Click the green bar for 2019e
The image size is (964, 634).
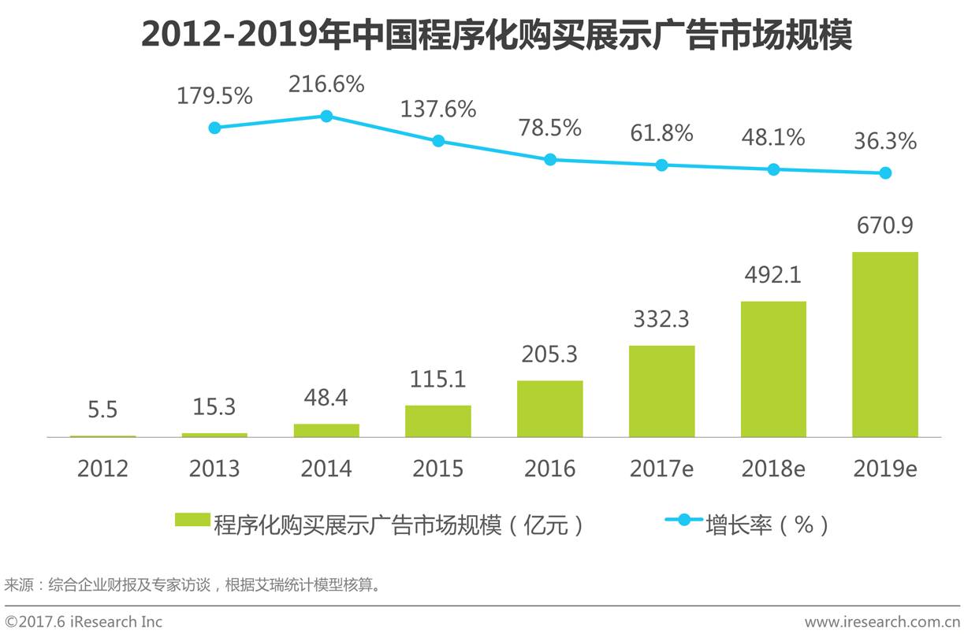coord(884,344)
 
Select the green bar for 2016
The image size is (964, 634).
coord(549,409)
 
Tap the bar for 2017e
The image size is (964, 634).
coord(661,391)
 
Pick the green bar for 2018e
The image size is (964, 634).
coord(773,369)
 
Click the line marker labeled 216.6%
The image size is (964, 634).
coord(326,116)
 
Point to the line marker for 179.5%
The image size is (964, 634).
coord(214,128)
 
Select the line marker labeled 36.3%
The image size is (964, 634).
coord(885,173)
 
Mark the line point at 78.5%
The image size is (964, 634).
coord(550,159)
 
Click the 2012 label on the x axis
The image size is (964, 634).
coord(102,469)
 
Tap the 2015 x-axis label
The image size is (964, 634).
coord(437,469)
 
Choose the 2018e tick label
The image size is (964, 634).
coord(773,469)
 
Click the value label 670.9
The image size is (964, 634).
coord(884,226)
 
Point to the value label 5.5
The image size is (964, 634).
coord(102,410)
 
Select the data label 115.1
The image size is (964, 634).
coord(437,379)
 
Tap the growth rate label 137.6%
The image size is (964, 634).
coord(438,109)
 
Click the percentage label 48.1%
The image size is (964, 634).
coord(773,138)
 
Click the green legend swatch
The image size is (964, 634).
coord(192,520)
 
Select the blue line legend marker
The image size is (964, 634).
coord(684,520)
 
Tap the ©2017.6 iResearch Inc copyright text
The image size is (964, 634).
coord(84,622)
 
